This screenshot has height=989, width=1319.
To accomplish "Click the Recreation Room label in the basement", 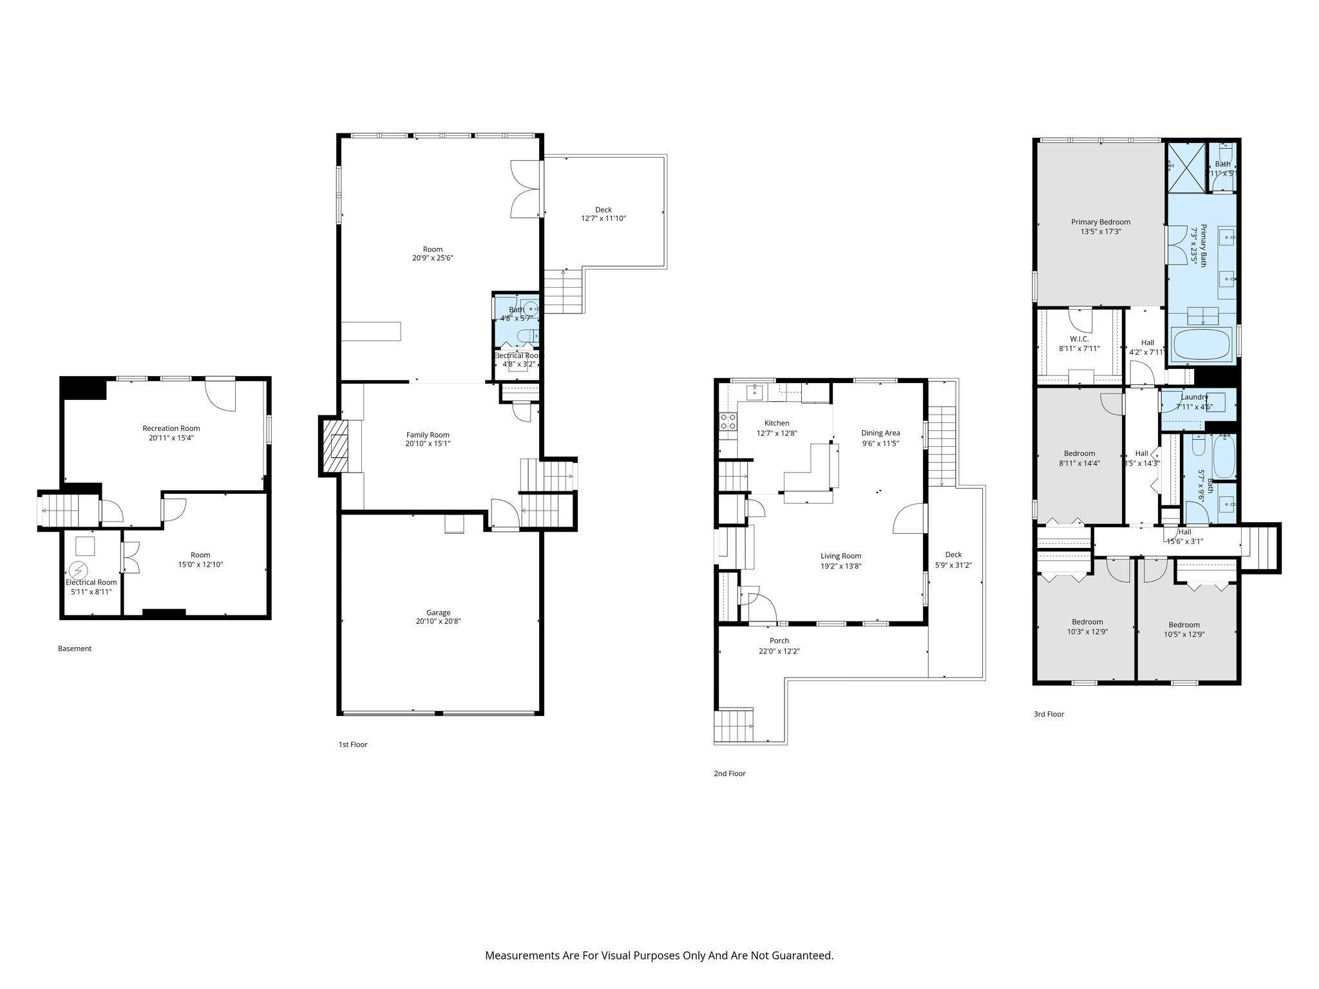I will coord(171,428).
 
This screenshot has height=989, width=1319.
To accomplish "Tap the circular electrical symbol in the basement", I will coord(78,570).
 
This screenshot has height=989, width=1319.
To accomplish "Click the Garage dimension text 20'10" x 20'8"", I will coord(438,621).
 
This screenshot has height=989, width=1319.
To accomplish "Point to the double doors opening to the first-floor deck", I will coord(525,189).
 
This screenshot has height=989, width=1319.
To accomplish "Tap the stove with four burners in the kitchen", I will coord(728,422).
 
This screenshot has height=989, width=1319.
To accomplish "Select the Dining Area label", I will coord(880,433).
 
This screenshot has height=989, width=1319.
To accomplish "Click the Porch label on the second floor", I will coord(779,641).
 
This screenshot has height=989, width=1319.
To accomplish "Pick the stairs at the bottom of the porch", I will coord(734,726).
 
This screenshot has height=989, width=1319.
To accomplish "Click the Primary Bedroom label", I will coord(1101,222).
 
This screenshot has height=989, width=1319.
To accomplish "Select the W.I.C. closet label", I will coord(1079,339).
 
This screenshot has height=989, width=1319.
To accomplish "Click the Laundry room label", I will coord(1194,397).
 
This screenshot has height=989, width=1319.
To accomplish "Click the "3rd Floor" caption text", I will coord(1049,714).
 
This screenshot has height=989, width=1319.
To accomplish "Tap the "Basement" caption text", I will coord(75,648).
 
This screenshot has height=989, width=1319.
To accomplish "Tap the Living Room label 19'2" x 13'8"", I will coord(840,556).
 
